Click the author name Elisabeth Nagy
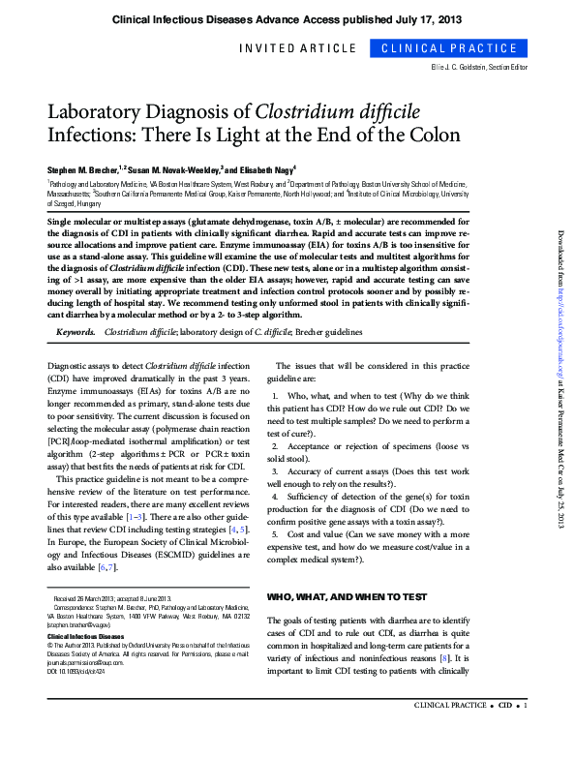point(265,168)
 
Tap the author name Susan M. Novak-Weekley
point(183,168)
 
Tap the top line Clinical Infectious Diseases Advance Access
point(287,19)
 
